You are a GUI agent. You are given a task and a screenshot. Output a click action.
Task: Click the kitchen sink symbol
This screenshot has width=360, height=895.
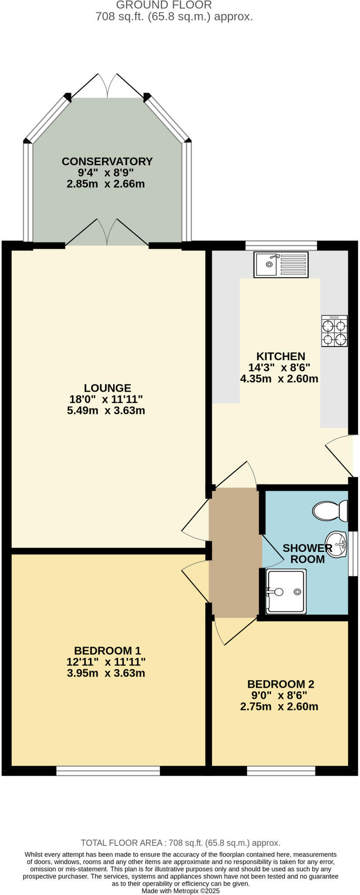[x=281, y=264]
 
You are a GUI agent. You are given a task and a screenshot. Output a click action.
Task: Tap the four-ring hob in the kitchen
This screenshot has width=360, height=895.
[x=334, y=331]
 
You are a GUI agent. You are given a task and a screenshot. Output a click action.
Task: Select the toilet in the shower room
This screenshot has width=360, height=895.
[x=330, y=510]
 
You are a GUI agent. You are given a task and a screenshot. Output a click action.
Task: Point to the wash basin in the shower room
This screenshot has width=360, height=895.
[x=336, y=545]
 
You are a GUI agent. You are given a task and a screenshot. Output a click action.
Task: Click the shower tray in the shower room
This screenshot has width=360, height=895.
[x=286, y=591]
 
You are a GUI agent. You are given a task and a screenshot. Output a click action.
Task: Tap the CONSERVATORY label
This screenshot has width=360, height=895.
[x=107, y=161]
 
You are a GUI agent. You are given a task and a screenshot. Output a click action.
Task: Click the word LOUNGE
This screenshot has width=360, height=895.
[x=107, y=388]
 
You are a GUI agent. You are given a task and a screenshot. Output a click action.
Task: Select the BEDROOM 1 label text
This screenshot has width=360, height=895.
[x=107, y=650]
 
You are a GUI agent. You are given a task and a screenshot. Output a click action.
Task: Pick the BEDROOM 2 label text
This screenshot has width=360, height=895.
[x=280, y=684]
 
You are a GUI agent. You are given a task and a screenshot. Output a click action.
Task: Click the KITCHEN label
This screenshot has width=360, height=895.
[x=280, y=356]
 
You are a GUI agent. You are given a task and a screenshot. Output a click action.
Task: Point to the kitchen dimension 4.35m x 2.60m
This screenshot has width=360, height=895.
[x=279, y=379]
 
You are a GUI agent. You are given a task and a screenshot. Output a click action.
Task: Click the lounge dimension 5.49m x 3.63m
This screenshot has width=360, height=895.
[x=106, y=410]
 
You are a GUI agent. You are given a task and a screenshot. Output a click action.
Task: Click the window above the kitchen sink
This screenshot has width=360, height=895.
[x=281, y=245]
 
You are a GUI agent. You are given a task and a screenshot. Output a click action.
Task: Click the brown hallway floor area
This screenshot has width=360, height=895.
[x=234, y=553]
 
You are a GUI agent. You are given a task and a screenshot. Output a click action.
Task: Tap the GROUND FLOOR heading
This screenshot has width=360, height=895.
[x=164, y=5]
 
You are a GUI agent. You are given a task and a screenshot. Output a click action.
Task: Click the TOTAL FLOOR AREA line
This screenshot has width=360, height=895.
[x=180, y=843]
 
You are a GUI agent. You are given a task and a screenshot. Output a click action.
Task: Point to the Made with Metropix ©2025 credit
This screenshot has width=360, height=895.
[x=180, y=891]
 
